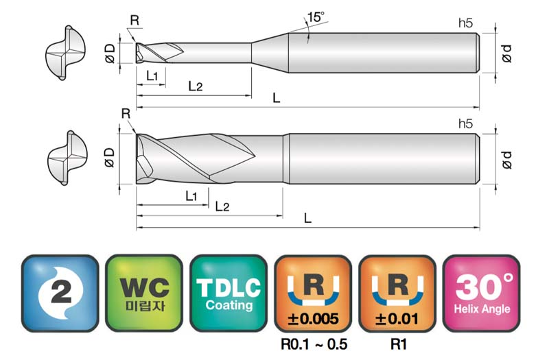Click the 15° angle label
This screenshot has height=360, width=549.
click(x=316, y=16)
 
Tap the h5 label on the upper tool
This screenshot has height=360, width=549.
click(x=465, y=23)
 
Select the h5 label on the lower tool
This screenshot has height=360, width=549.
click(x=465, y=124)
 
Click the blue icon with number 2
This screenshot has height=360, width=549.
click(x=60, y=293)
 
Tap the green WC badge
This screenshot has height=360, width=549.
click(x=144, y=293)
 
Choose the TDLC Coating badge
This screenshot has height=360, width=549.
click(x=229, y=293)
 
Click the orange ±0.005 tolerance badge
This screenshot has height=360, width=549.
click(x=313, y=293)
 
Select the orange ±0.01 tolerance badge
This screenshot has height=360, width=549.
click(x=397, y=293)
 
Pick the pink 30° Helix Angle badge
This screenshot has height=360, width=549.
click(x=482, y=293)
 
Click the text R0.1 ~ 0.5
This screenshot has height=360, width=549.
click(x=314, y=345)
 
